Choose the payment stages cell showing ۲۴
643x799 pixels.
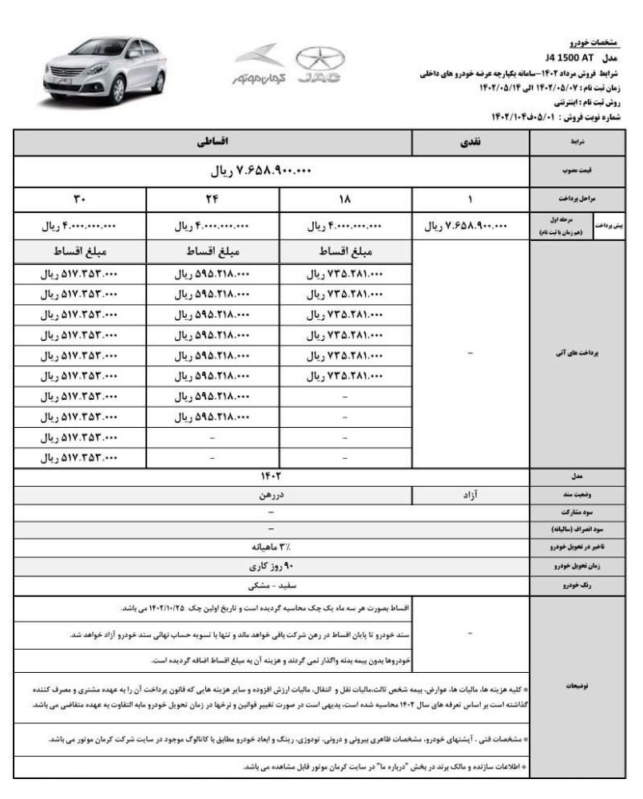(x=212, y=198)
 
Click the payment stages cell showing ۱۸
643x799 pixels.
(x=346, y=198)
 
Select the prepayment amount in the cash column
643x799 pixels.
(x=471, y=226)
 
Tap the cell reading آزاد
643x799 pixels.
(x=471, y=495)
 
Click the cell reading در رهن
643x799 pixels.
(x=272, y=495)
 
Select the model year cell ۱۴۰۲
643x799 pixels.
(x=272, y=477)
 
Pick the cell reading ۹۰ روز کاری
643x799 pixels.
(x=272, y=566)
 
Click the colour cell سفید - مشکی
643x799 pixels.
(x=272, y=584)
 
